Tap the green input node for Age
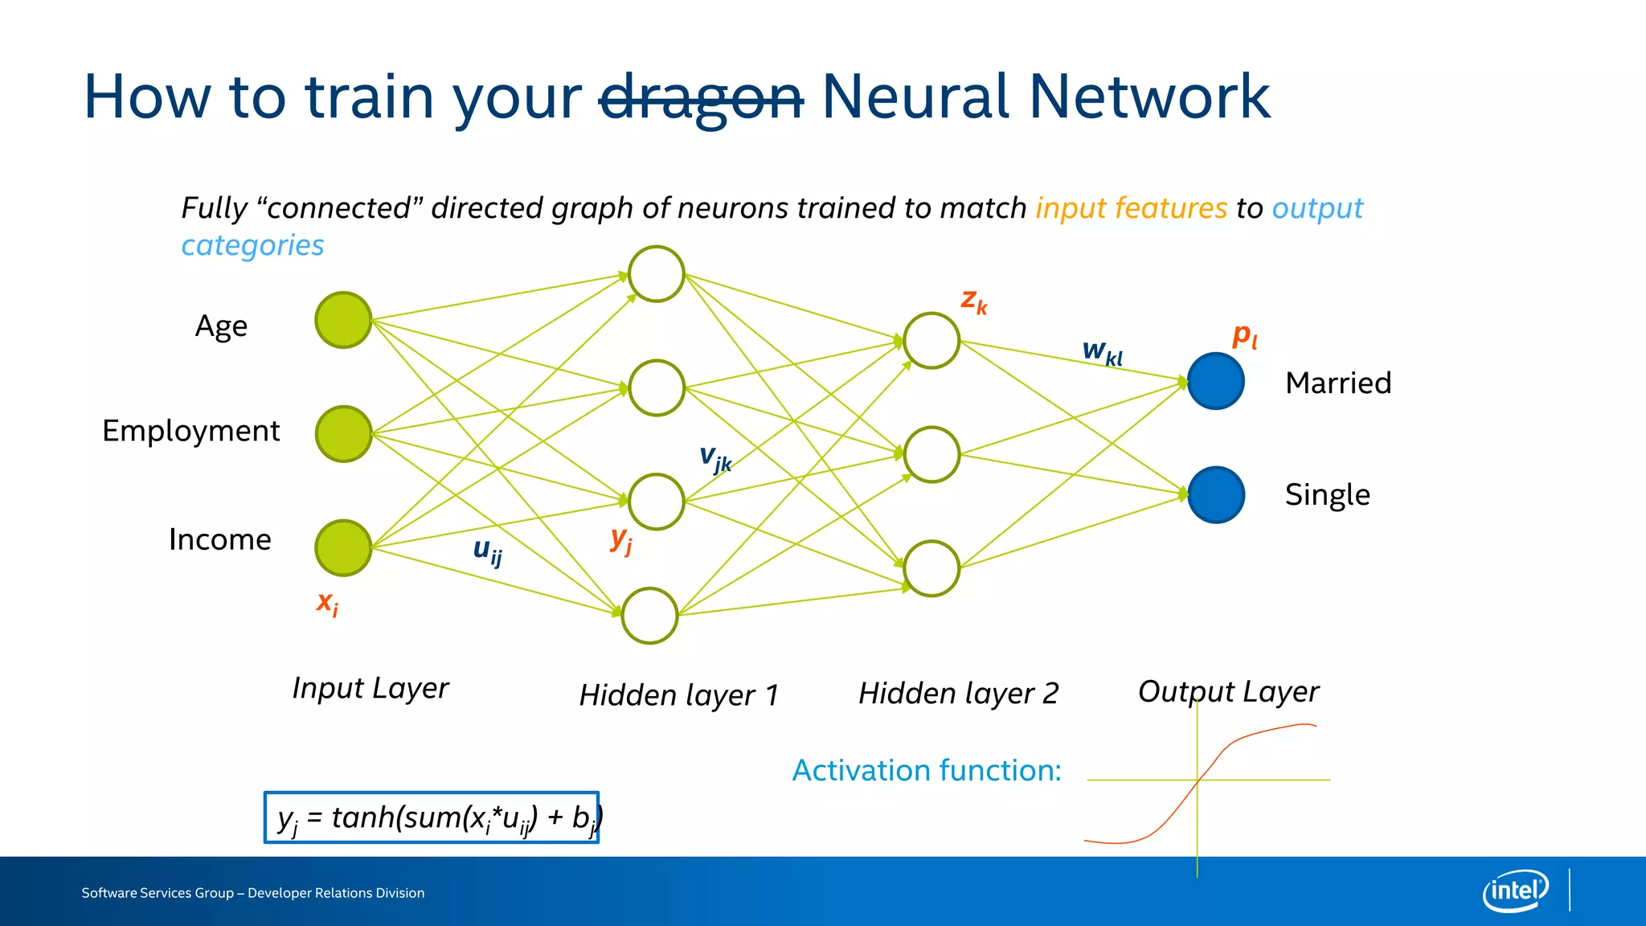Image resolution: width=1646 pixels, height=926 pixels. point(343,320)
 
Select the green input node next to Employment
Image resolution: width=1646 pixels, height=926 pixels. point(343,434)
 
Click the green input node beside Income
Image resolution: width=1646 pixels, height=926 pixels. point(343,548)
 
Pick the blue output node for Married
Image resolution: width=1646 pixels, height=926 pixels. point(1216,381)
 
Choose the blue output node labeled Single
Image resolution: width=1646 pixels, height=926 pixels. point(1216,495)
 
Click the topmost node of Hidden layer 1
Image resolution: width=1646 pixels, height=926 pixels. point(657,274)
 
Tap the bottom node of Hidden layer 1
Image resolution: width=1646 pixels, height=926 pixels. point(650,616)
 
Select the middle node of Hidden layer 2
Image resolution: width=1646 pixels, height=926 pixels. point(932,454)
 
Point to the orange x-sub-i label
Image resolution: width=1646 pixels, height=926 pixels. point(327,602)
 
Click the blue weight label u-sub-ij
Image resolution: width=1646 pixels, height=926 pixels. point(487,551)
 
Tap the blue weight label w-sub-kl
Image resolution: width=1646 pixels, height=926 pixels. point(1102,351)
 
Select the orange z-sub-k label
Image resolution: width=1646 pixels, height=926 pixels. point(974,301)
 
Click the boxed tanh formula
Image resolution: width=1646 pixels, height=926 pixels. point(432,817)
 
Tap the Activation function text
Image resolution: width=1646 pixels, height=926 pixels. point(926,770)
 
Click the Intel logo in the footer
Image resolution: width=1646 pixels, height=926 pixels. point(1515,891)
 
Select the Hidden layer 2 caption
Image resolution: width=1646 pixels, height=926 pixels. point(958,693)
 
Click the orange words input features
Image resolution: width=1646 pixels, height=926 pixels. point(1131,208)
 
